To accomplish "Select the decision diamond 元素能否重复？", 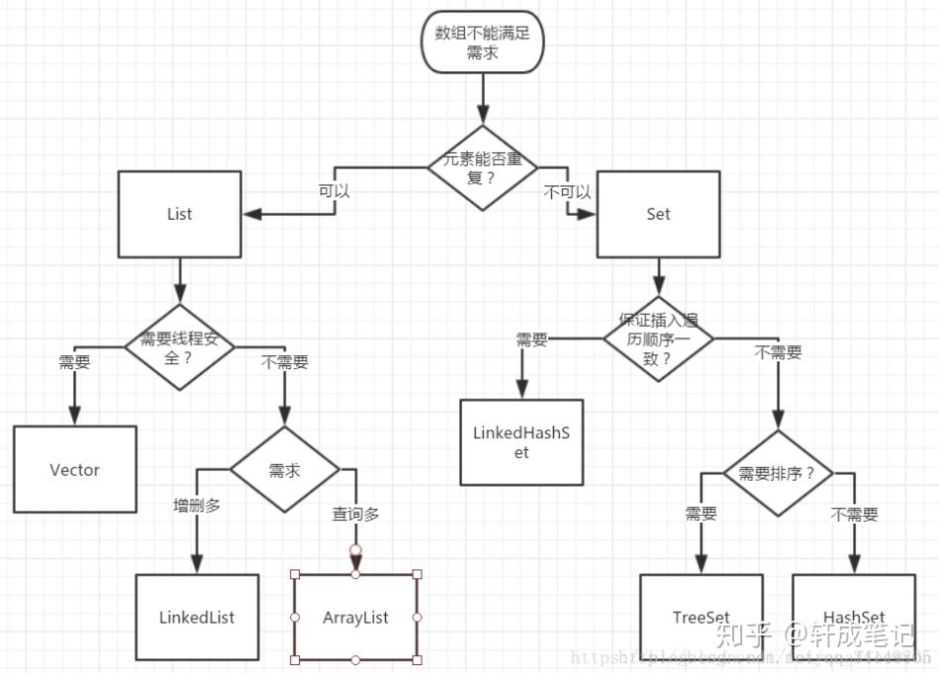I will [482, 168].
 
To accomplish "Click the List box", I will [179, 214].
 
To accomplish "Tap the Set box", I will [658, 214].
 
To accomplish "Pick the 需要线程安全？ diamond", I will [179, 346].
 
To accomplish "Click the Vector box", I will [75, 469].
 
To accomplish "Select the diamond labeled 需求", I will [284, 469].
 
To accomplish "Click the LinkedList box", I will [197, 618].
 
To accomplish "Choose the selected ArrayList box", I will [355, 618].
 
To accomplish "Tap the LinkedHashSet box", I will [521, 441].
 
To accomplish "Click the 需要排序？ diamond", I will [777, 473].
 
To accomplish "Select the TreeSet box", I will [702, 618].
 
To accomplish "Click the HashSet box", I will [854, 618].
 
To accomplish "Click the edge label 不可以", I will [567, 192].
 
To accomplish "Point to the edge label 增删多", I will [197, 506].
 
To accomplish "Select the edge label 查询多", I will [355, 514].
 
